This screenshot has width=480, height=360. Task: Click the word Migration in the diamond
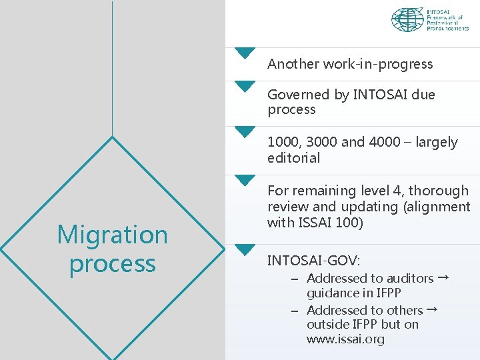coord(112,235)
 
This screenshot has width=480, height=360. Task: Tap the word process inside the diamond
coord(112,263)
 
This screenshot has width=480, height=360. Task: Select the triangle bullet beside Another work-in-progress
coord(245,53)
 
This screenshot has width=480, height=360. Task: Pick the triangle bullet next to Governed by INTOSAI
coord(245,85)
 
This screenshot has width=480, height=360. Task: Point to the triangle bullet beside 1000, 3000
coord(245,131)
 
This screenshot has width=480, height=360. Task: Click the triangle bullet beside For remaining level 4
coord(245,180)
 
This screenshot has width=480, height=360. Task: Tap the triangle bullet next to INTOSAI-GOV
coord(245,249)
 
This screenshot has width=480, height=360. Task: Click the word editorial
coord(293,158)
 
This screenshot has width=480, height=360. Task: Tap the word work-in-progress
coord(378,64)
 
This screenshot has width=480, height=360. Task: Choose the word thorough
coord(437,191)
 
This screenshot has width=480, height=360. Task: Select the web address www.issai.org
coord(345,339)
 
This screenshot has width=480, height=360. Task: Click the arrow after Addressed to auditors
coord(443,277)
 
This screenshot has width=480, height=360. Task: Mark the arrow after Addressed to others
coord(432,309)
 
